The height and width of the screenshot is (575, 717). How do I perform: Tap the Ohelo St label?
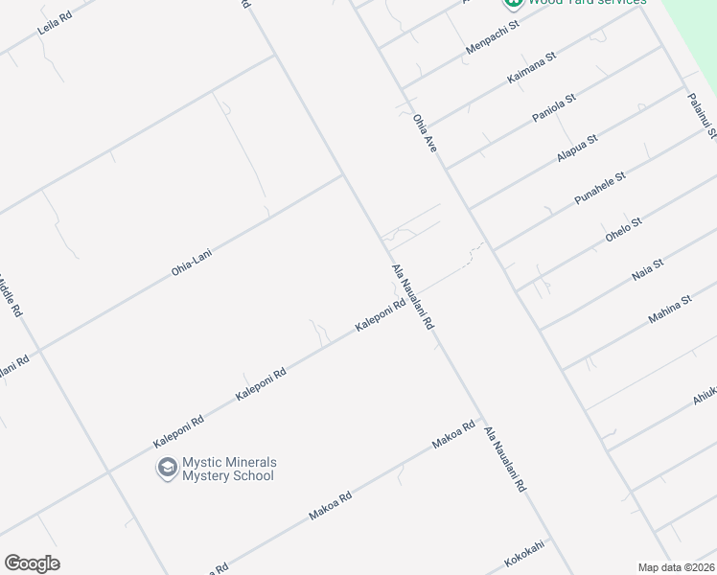623,230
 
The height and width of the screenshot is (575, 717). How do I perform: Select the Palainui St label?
702,114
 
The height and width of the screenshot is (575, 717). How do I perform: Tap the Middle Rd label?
9,297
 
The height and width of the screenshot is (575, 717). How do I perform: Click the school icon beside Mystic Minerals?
168,469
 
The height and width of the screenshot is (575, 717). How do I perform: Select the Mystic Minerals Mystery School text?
228,469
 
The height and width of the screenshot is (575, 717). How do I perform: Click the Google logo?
32,563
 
